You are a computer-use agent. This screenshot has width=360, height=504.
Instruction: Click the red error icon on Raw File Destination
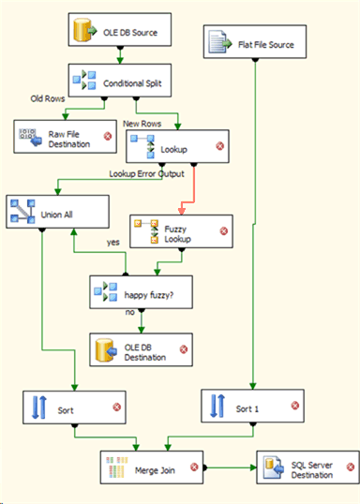tap(107, 137)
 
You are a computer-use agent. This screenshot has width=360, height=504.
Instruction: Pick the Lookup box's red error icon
tap(218, 145)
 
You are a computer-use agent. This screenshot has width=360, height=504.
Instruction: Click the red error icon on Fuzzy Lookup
tap(224, 230)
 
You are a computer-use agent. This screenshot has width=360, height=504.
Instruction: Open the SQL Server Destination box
tap(306, 467)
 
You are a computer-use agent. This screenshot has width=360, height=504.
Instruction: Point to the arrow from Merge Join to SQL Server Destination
tap(230, 466)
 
